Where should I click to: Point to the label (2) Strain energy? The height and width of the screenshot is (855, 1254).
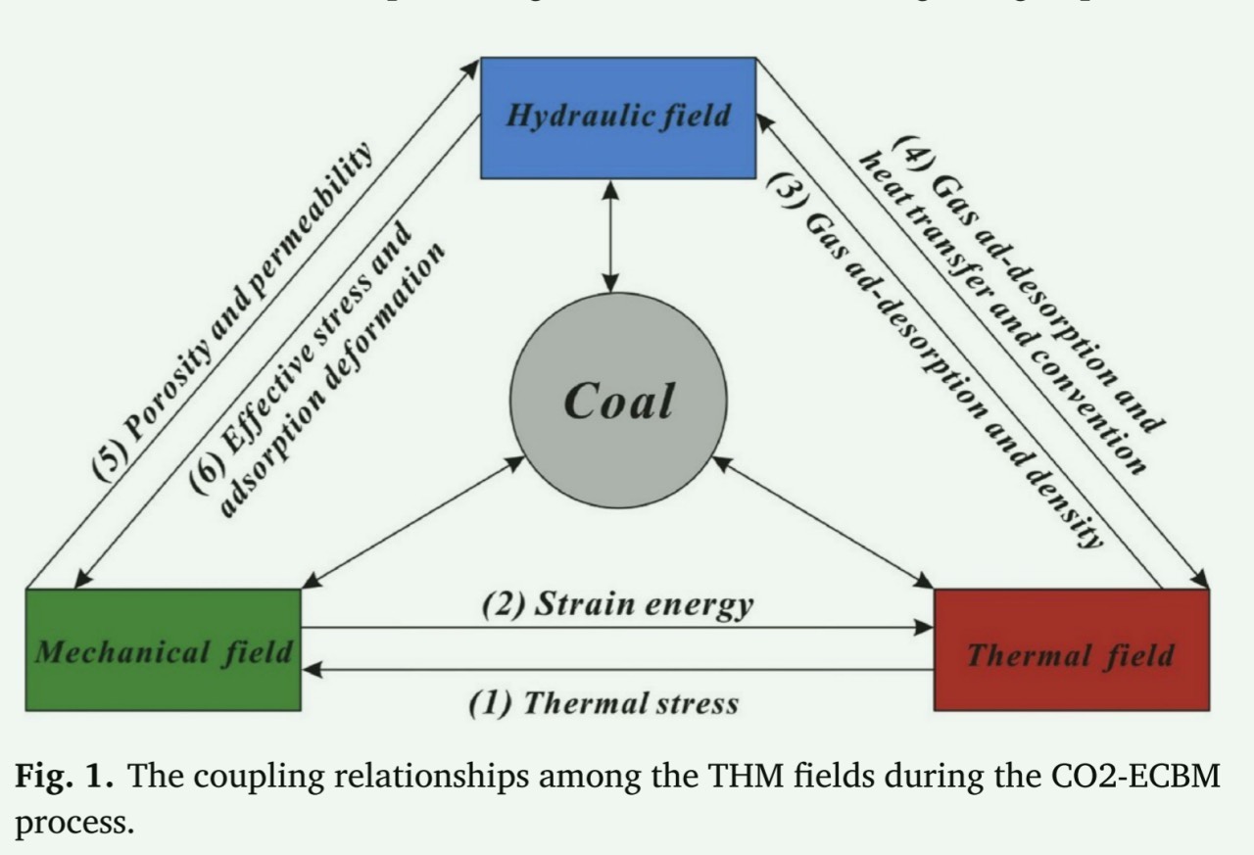618,604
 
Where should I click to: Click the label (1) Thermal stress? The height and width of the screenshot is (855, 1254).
603,702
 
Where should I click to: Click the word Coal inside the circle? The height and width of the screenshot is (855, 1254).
619,401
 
